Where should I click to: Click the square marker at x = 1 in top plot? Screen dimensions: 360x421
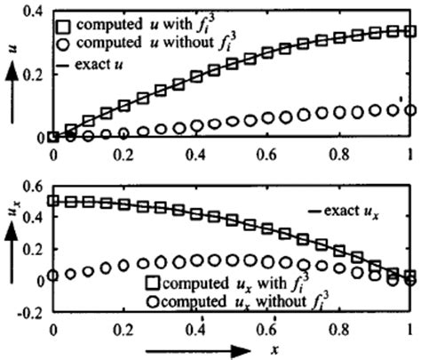(408, 31)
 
